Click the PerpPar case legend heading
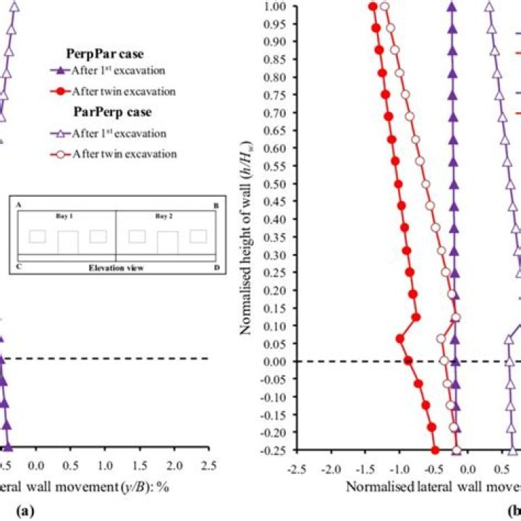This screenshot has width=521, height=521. [x=104, y=54]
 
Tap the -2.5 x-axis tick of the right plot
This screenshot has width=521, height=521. [x=297, y=467]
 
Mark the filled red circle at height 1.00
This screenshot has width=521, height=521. [x=373, y=7]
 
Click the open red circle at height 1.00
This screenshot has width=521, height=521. [x=385, y=7]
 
